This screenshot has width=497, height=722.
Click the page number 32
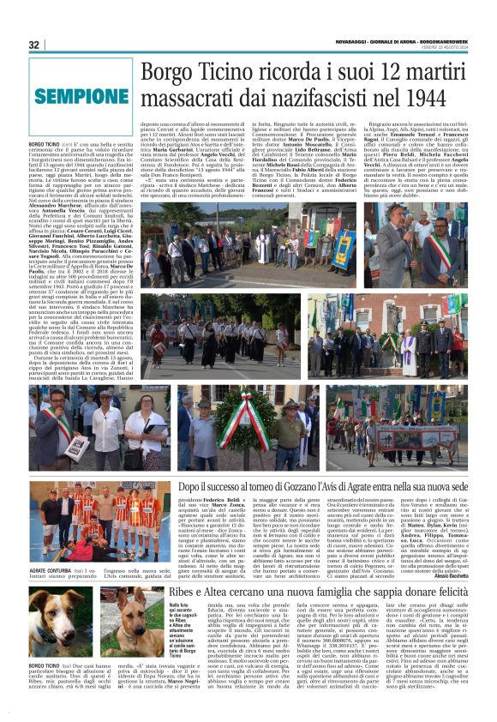[x=33, y=45]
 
